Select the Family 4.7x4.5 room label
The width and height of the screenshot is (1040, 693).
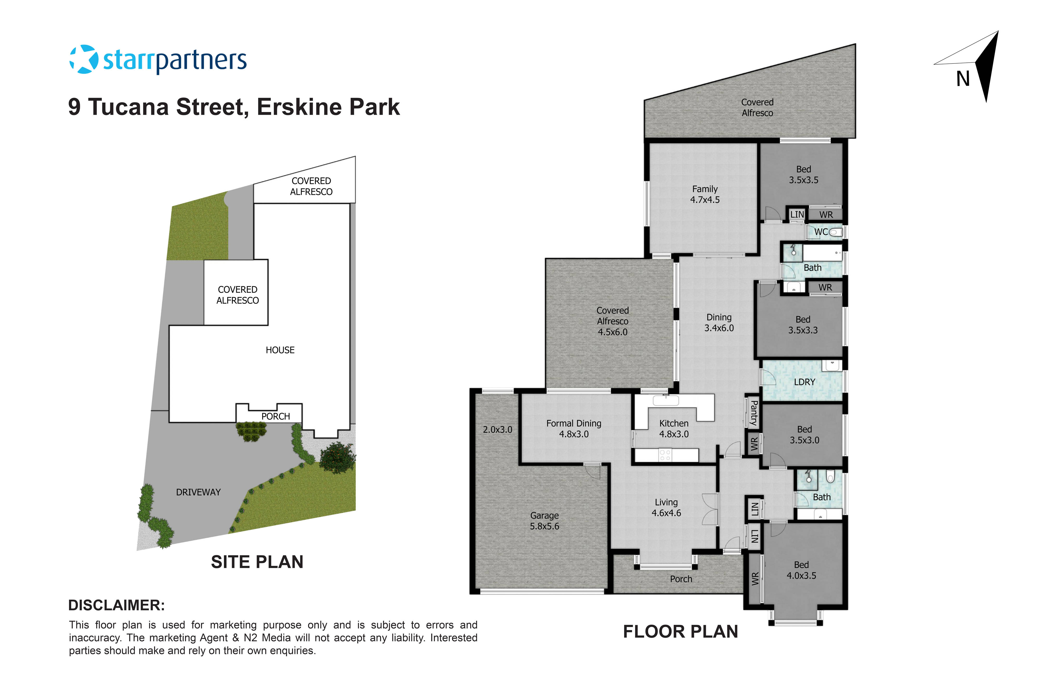705,194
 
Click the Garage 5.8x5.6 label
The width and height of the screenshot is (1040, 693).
544,521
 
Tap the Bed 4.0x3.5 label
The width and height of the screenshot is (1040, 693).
801,570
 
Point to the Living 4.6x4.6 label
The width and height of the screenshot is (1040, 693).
666,507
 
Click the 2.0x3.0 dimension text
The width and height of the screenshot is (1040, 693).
497,430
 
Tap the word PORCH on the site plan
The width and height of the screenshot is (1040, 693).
276,416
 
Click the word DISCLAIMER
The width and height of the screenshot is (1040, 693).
116,605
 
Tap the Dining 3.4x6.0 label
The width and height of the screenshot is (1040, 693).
719,323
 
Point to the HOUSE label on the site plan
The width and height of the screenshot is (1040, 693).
280,350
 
